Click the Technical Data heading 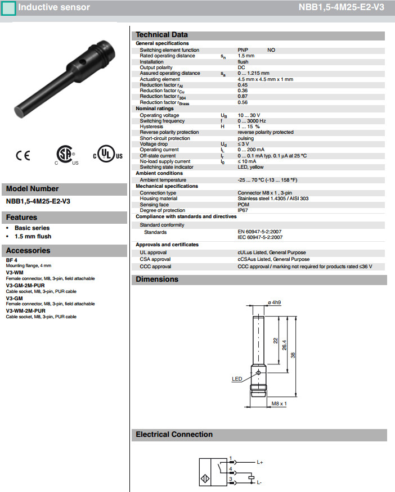(162, 35)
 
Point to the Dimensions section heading (157, 279)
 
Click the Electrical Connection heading (174, 435)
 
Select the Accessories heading (28, 251)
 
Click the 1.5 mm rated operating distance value (246, 56)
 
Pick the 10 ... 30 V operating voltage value (249, 115)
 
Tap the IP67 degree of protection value (243, 210)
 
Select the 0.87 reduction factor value (243, 97)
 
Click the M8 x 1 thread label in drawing (279, 404)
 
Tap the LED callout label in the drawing (237, 379)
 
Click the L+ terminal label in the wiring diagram (260, 462)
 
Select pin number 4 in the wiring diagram (231, 468)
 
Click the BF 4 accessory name (12, 260)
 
